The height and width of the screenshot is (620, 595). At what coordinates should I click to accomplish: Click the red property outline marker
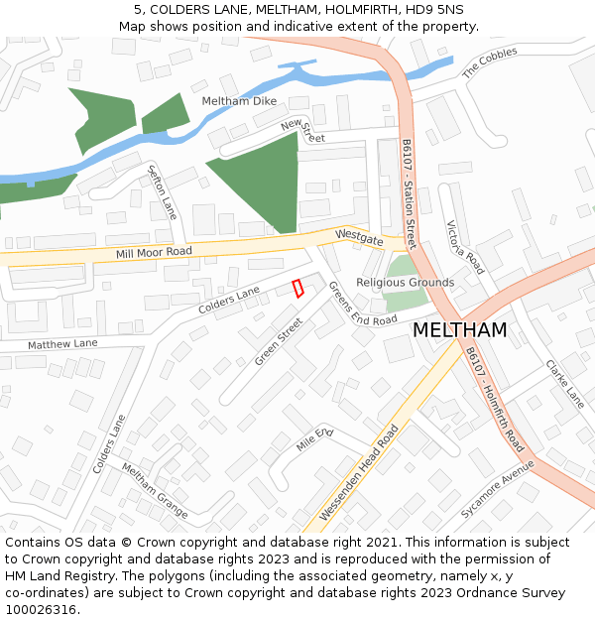[x=297, y=288]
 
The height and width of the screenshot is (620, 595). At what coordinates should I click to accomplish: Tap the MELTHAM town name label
[x=459, y=330]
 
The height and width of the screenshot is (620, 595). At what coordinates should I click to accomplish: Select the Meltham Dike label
[x=238, y=101]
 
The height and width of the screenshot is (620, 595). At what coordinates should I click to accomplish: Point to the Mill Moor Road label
[x=154, y=253]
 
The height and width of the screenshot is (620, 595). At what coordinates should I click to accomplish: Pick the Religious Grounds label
[x=405, y=283]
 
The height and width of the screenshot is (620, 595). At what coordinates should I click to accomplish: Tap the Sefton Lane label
[x=162, y=191]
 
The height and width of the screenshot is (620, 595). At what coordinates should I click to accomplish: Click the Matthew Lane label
[x=62, y=343]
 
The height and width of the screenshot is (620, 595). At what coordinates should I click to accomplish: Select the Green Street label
[x=278, y=341]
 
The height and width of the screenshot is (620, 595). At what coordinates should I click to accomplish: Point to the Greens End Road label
[x=362, y=306]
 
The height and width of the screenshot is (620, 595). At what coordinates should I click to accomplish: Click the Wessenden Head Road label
[x=360, y=474]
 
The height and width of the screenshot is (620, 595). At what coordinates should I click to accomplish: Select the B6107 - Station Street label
[x=409, y=193]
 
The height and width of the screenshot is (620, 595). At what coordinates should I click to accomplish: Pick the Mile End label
[x=315, y=439]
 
